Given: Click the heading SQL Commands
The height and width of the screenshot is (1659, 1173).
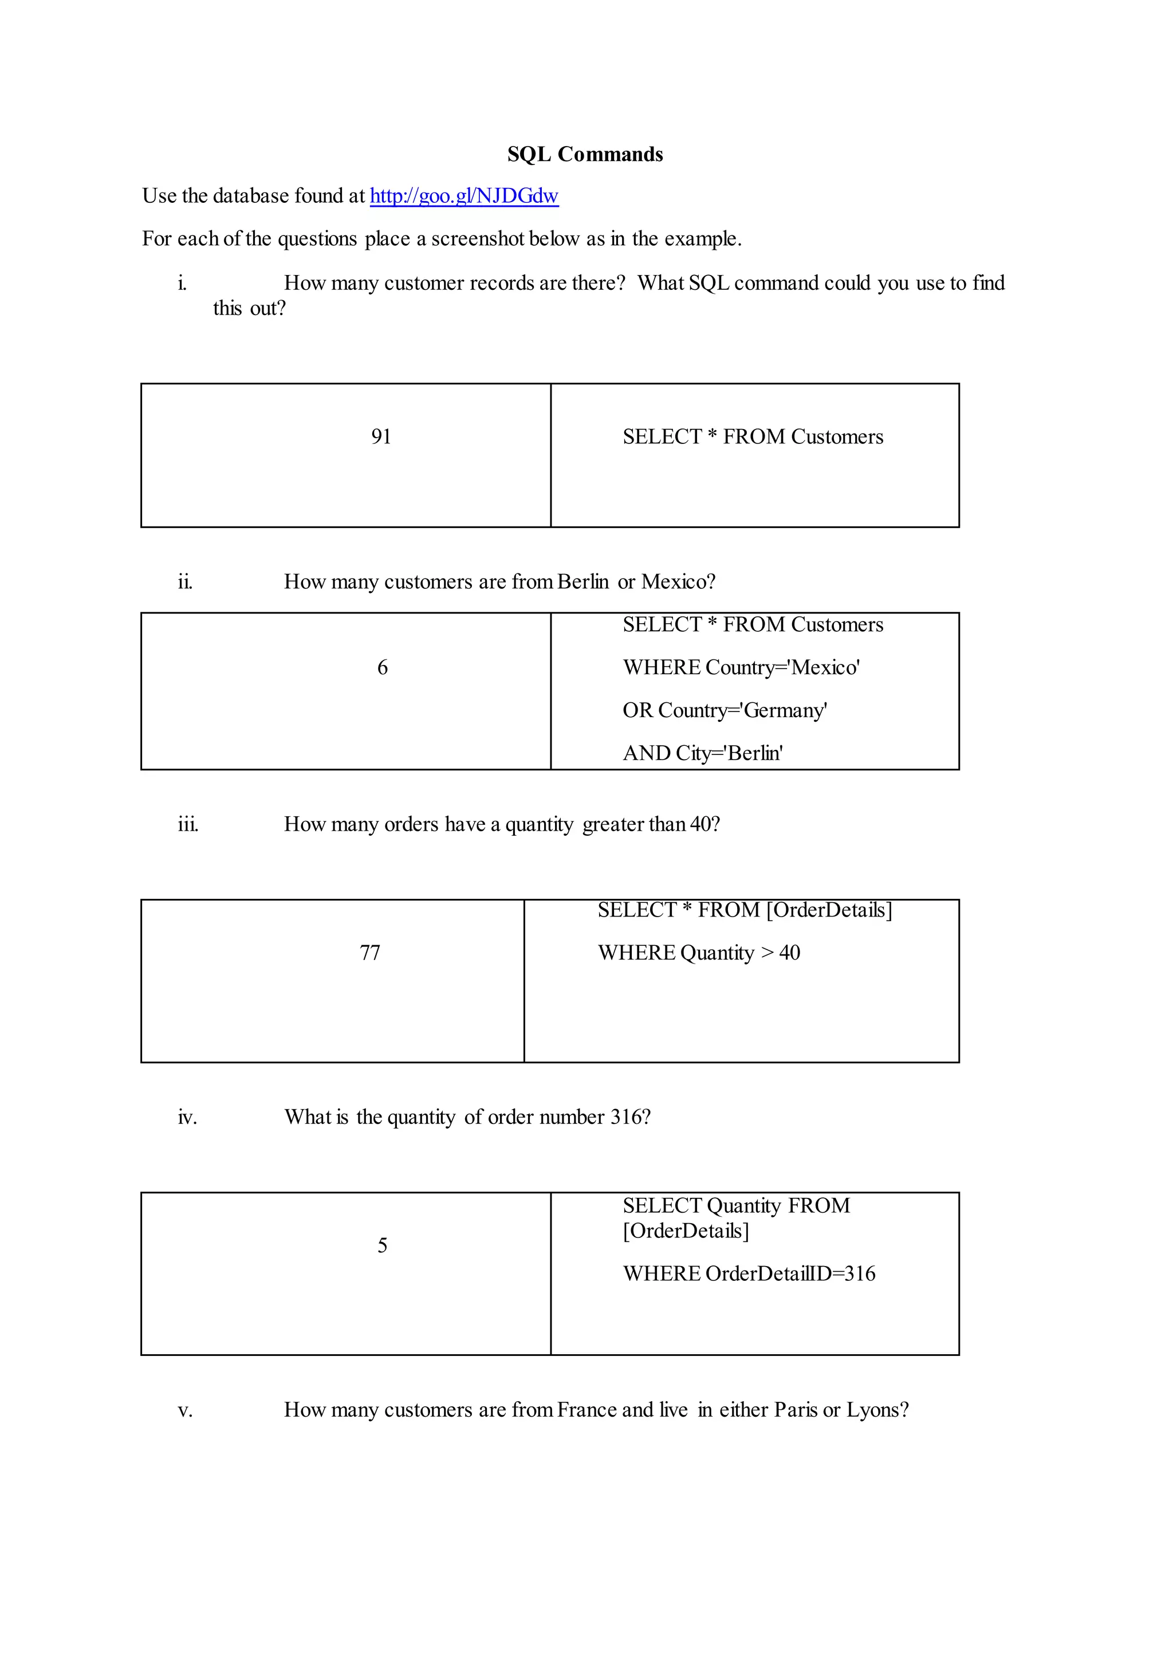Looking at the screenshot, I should pos(585,154).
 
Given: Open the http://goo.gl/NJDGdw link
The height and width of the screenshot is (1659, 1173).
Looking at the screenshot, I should pos(464,196).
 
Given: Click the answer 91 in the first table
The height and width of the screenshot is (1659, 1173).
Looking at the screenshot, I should pos(381,437).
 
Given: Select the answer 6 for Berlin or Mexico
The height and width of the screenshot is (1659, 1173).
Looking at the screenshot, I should pos(382,667).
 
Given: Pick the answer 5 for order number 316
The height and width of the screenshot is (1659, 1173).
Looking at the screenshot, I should pos(382,1245).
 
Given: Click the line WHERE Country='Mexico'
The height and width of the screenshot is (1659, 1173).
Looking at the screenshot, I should pos(741,667).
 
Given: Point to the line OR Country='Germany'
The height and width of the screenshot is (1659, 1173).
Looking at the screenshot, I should pos(725,710).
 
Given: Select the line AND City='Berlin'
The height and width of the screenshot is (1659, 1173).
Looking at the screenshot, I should pos(703,753).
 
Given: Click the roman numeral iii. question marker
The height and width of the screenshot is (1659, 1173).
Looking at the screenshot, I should pos(188,824).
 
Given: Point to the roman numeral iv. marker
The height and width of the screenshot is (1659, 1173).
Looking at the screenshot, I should pos(187,1117).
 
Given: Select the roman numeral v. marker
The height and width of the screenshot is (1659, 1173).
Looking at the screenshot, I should pos(185,1410).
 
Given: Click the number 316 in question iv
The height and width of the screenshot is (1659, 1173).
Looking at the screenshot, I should pos(625,1117).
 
